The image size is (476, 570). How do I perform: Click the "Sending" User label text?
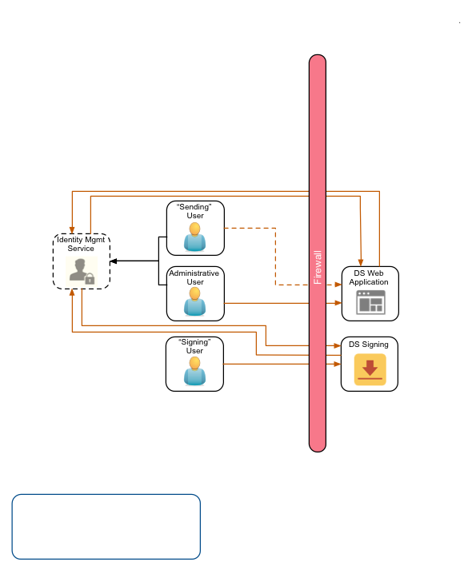pyautogui.click(x=195, y=211)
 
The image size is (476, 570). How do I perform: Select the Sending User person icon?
pyautogui.click(x=194, y=237)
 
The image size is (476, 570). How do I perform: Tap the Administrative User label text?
pyautogui.click(x=194, y=277)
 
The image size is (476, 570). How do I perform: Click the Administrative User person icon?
pyautogui.click(x=194, y=302)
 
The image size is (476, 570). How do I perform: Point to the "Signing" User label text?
pyautogui.click(x=194, y=347)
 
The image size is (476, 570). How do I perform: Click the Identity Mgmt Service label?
pyautogui.click(x=81, y=244)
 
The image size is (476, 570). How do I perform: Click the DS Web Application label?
pyautogui.click(x=370, y=277)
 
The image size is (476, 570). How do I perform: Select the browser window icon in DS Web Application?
pyautogui.click(x=370, y=302)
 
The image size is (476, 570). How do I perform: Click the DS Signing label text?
pyautogui.click(x=369, y=345)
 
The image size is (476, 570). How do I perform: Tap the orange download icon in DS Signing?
pyautogui.click(x=370, y=370)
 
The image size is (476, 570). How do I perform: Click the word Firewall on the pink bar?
pyautogui.click(x=318, y=268)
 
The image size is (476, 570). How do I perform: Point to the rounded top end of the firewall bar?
pyautogui.click(x=318, y=62)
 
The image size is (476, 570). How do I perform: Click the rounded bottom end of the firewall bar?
pyautogui.click(x=318, y=444)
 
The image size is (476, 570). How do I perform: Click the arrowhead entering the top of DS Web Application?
pyautogui.click(x=362, y=263)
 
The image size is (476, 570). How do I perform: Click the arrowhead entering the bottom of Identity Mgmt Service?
pyautogui.click(x=72, y=293)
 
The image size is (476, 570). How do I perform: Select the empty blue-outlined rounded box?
pyautogui.click(x=106, y=526)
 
